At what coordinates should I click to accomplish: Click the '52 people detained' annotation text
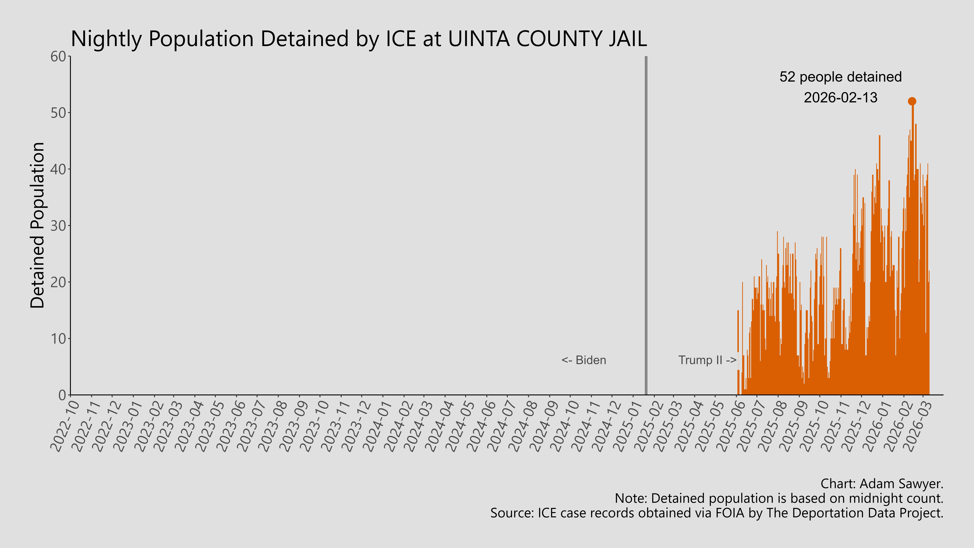pyautogui.click(x=840, y=77)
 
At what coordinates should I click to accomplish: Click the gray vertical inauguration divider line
pyautogui.click(x=646, y=227)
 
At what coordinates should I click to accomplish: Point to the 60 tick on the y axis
pyautogui.click(x=59, y=57)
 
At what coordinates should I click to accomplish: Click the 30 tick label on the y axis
pyautogui.click(x=59, y=226)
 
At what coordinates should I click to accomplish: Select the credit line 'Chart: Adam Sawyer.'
pyautogui.click(x=882, y=484)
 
